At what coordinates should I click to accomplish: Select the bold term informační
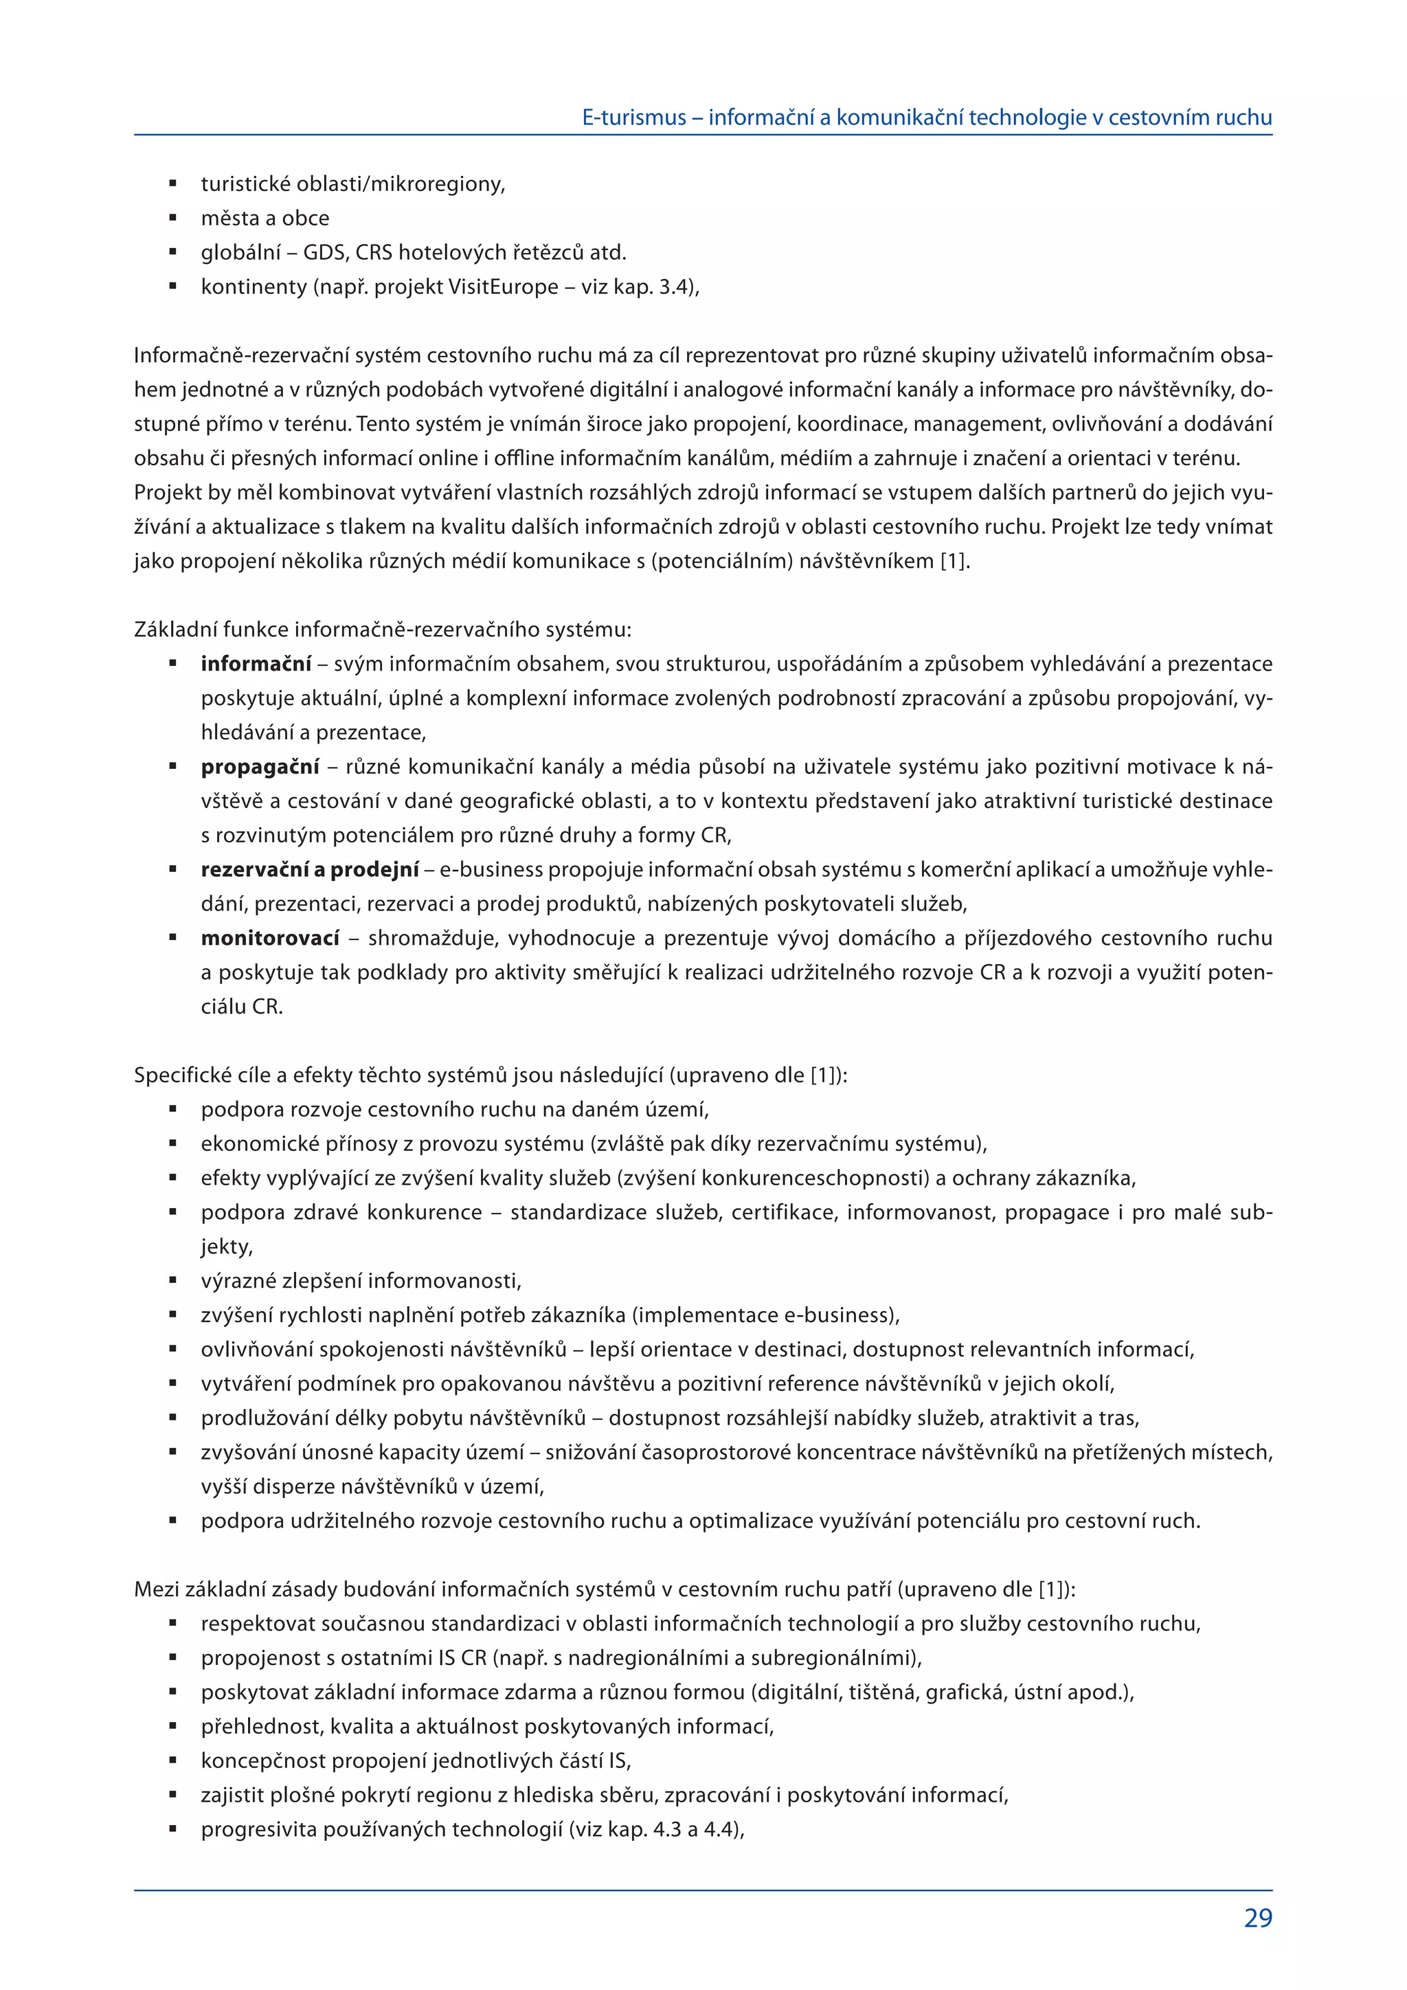(256, 664)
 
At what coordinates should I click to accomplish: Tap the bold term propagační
(260, 767)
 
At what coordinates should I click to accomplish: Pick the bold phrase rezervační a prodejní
(309, 869)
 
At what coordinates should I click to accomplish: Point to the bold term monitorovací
(269, 938)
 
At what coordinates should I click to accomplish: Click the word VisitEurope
(502, 287)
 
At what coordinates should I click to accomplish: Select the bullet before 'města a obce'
(173, 219)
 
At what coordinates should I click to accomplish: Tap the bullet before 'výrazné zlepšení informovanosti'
(173, 1281)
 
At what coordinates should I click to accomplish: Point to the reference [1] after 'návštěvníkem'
(954, 561)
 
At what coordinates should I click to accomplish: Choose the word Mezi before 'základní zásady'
(156, 1589)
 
